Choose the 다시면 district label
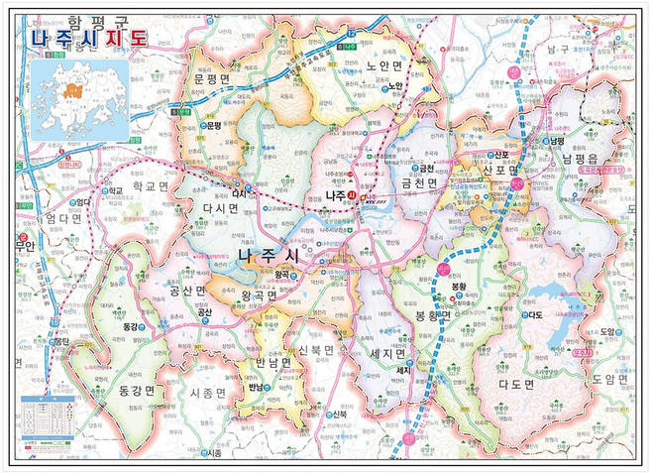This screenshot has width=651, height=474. pos(220,209)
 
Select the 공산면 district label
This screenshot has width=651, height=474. pos(186,291)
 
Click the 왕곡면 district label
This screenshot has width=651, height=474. pos(260,295)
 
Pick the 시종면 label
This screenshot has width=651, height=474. pos(208,394)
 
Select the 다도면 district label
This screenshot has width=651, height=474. pos(515,383)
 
